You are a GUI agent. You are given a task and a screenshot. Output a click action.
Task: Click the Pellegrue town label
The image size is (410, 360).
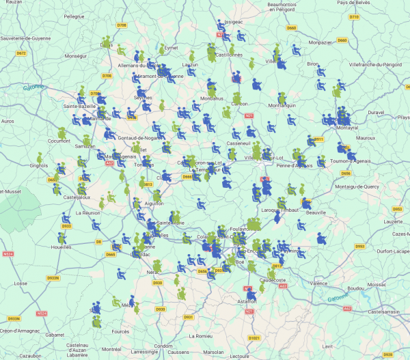[73, 15]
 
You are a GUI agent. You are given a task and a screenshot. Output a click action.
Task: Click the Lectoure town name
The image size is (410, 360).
[240, 356]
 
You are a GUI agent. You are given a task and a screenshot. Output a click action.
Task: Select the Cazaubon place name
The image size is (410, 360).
[31, 356]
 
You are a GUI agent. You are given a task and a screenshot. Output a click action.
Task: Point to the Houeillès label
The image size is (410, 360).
[66, 247]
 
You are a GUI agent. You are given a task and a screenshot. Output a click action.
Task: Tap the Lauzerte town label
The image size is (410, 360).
[394, 221]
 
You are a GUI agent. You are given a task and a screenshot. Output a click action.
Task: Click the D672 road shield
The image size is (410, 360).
[20, 53]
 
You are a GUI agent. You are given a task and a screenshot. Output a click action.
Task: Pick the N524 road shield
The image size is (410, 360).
[8, 254]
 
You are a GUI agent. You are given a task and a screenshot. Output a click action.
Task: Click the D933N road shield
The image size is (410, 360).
[53, 278]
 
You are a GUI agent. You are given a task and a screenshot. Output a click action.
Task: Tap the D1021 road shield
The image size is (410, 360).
[254, 337]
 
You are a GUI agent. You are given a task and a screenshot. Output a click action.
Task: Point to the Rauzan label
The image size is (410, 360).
[14, 3]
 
